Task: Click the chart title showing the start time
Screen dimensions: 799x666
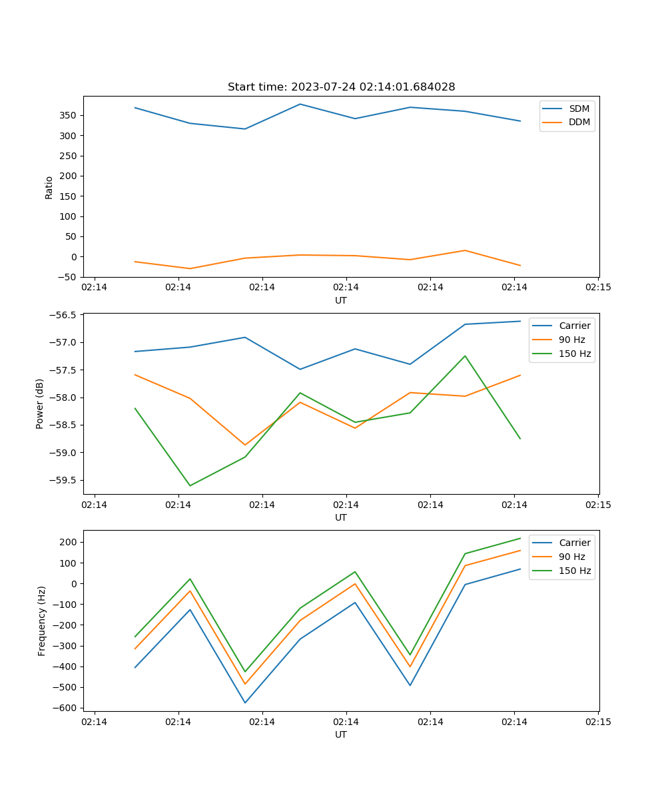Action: coord(341,87)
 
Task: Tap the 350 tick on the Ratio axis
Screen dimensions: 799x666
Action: coord(71,115)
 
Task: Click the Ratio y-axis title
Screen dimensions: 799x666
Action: coord(49,187)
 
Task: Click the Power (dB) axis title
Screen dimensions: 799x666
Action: coord(40,403)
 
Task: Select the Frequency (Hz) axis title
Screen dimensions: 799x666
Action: coord(42,621)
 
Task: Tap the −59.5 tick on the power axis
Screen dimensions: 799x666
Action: coord(64,480)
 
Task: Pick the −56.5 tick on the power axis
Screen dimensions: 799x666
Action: coord(64,315)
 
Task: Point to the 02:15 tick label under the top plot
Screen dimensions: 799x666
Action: coord(598,288)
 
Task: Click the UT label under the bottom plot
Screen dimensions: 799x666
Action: coord(341,734)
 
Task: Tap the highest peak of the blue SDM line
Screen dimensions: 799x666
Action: coord(300,104)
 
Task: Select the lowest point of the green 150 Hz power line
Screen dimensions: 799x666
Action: coord(190,485)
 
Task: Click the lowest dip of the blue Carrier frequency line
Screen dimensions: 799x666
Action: coord(245,702)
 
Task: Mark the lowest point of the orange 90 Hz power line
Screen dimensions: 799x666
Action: coord(245,445)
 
